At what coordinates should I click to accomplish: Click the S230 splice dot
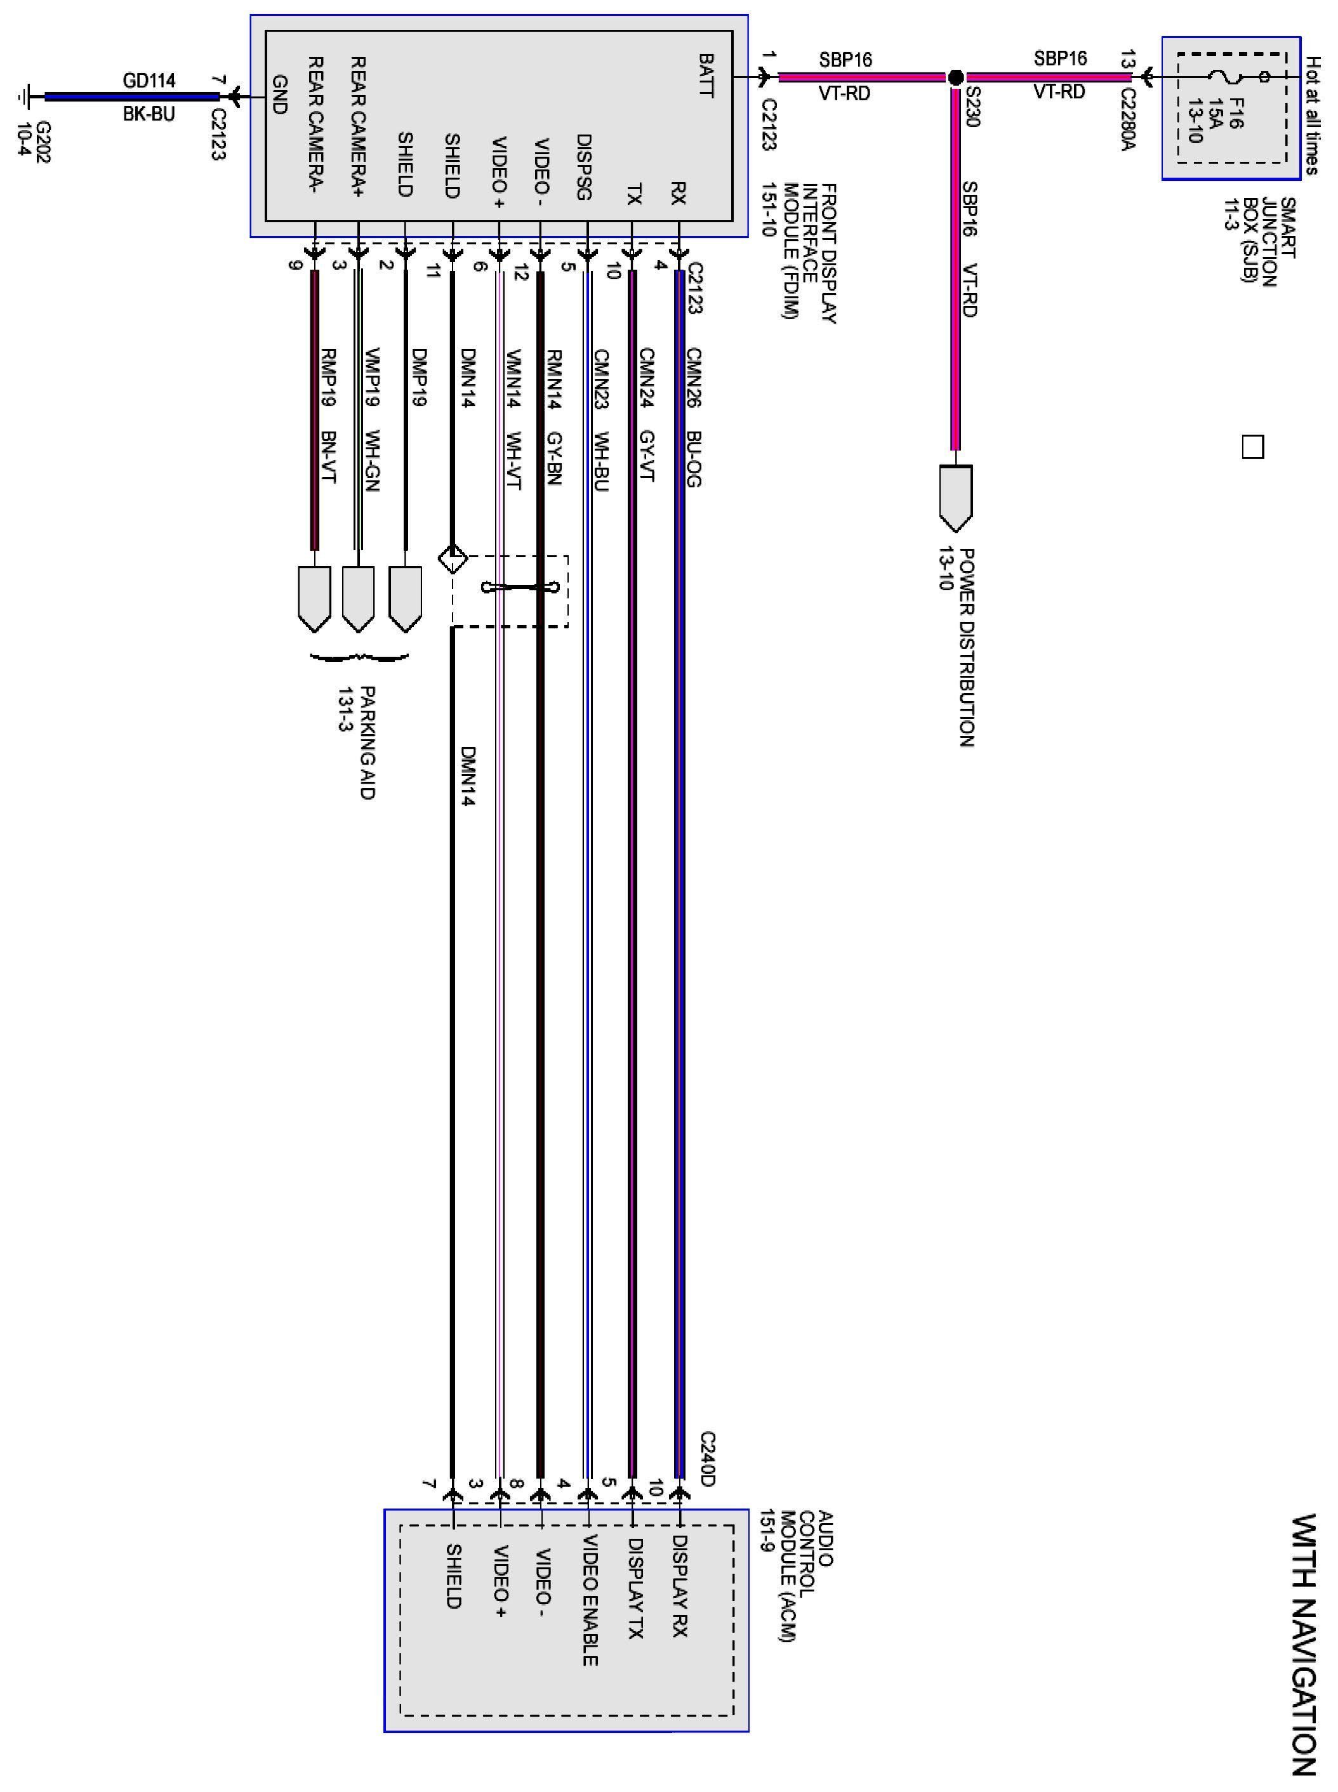pos(956,78)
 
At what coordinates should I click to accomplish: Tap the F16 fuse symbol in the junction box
pos(1219,77)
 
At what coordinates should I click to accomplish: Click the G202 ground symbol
pos(24,97)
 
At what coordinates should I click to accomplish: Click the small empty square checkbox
pos(1252,447)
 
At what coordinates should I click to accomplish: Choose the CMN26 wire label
pos(693,378)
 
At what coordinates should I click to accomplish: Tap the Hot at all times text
pos(1313,115)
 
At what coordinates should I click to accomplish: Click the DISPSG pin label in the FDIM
pos(584,166)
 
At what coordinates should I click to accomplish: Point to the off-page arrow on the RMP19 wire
pos(314,598)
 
